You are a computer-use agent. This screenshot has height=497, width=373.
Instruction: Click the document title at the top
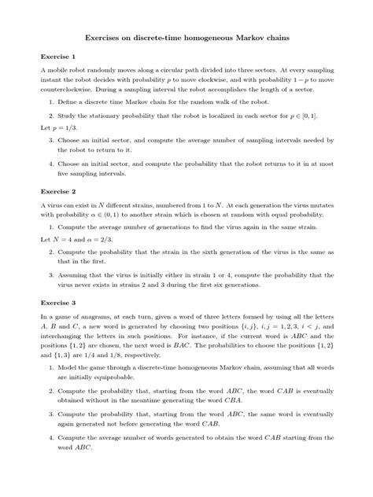click(186, 36)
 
